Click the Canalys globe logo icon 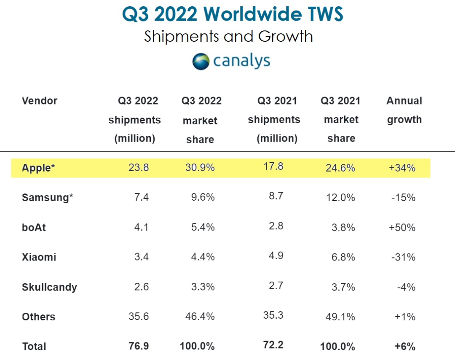(201, 62)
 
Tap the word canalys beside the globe (242, 61)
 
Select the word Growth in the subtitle (286, 37)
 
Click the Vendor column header (40, 101)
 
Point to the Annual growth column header (404, 110)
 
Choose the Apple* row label (38, 168)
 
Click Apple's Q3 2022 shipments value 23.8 (139, 167)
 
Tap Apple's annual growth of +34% (402, 168)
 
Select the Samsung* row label (47, 197)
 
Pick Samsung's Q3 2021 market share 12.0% (340, 198)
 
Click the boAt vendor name (34, 227)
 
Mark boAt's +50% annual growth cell (402, 227)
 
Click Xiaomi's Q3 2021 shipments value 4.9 (276, 255)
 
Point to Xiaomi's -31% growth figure (403, 257)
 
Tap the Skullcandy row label (50, 287)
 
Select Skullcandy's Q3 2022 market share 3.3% (203, 287)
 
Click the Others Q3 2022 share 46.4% (200, 316)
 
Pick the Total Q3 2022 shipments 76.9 (139, 346)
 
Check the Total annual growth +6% (405, 347)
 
